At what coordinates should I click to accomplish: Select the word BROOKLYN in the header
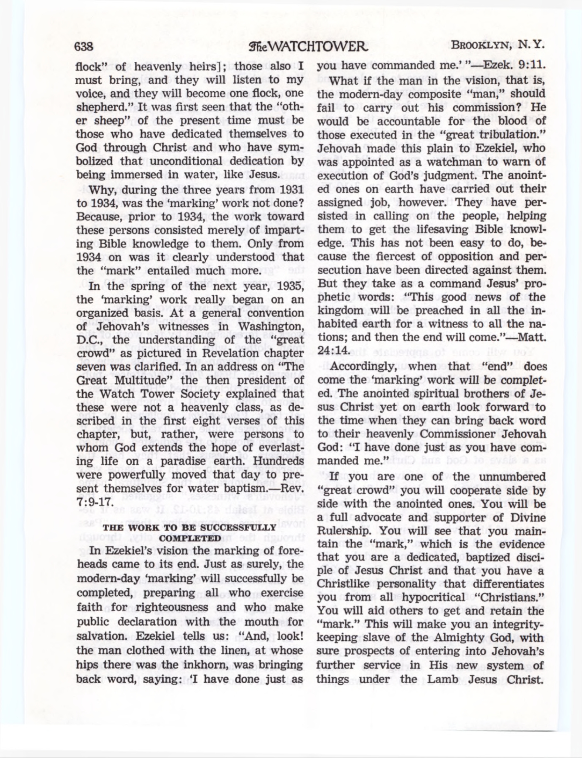482,46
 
